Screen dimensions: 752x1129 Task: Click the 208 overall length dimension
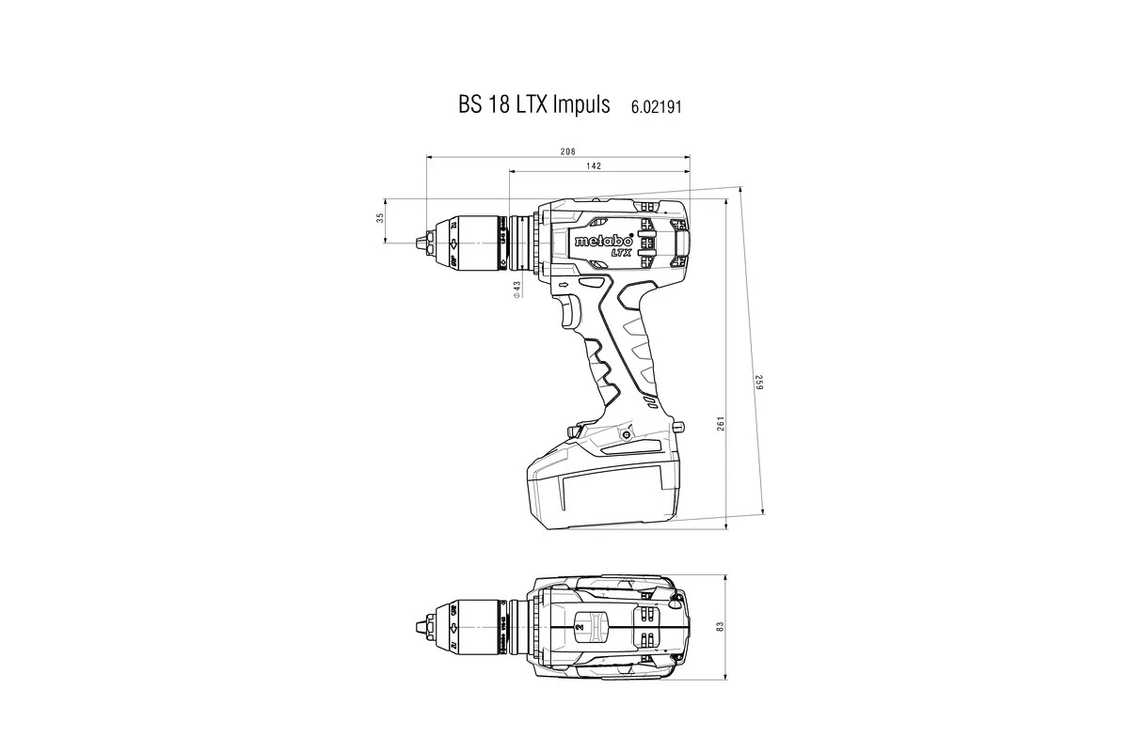tap(567, 151)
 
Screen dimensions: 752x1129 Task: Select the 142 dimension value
tap(593, 165)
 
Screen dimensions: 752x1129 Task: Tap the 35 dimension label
tap(380, 218)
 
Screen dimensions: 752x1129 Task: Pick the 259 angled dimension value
tap(757, 384)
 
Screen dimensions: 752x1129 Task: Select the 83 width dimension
tap(719, 626)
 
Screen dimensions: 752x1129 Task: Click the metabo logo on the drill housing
tap(603, 241)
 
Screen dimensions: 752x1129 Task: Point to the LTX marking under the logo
tap(620, 252)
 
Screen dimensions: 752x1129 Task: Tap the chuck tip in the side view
tap(418, 243)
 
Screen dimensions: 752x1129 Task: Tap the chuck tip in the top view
tap(418, 626)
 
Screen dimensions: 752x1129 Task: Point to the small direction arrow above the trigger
tap(564, 284)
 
